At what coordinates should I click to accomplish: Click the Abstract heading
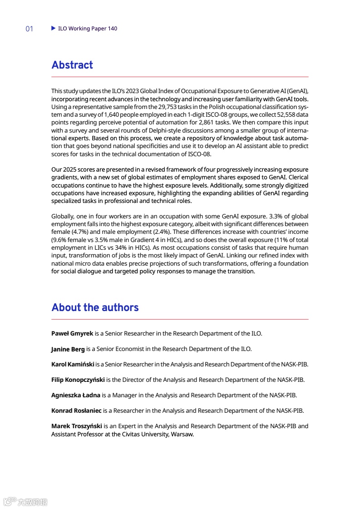(72, 65)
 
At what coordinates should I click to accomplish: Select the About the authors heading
(95, 307)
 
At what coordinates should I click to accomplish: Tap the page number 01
(30, 29)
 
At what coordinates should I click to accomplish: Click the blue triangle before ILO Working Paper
(54, 28)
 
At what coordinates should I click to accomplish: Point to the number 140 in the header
(113, 29)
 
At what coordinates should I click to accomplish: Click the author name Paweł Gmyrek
(72, 333)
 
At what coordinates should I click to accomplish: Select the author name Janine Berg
(68, 349)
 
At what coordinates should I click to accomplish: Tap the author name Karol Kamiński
(73, 364)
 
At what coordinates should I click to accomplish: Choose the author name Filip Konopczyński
(78, 380)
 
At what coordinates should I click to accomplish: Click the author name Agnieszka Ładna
(76, 395)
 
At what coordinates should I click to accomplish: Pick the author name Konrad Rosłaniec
(76, 410)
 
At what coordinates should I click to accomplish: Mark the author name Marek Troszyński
(77, 426)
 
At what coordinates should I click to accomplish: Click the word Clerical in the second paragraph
(298, 178)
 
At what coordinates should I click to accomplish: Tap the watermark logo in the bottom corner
(25, 501)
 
